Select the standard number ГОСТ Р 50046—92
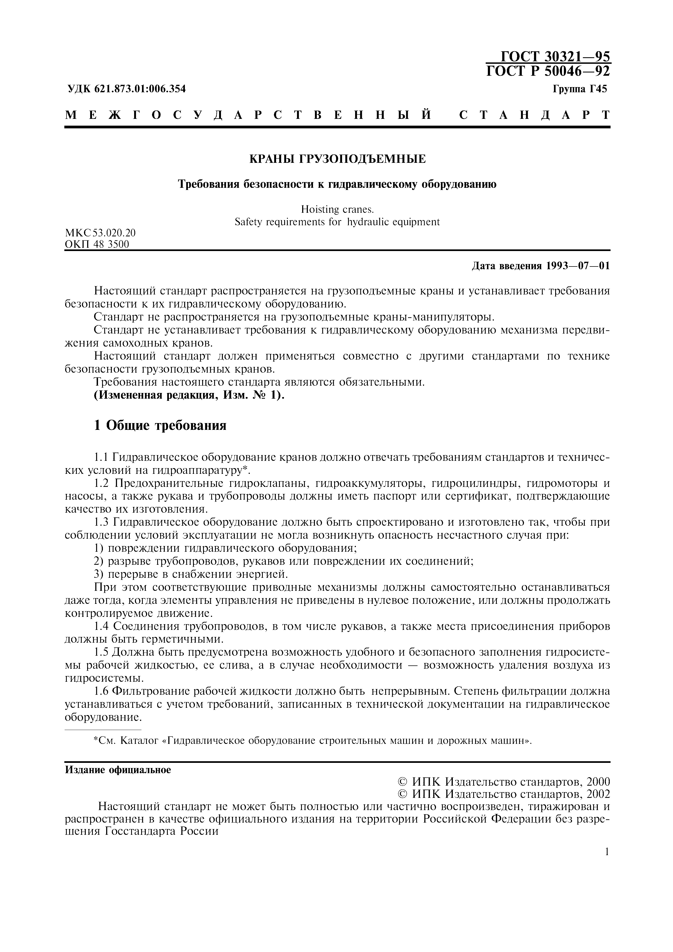(548, 71)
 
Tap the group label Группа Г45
(579, 89)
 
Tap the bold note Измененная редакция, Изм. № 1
(189, 395)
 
